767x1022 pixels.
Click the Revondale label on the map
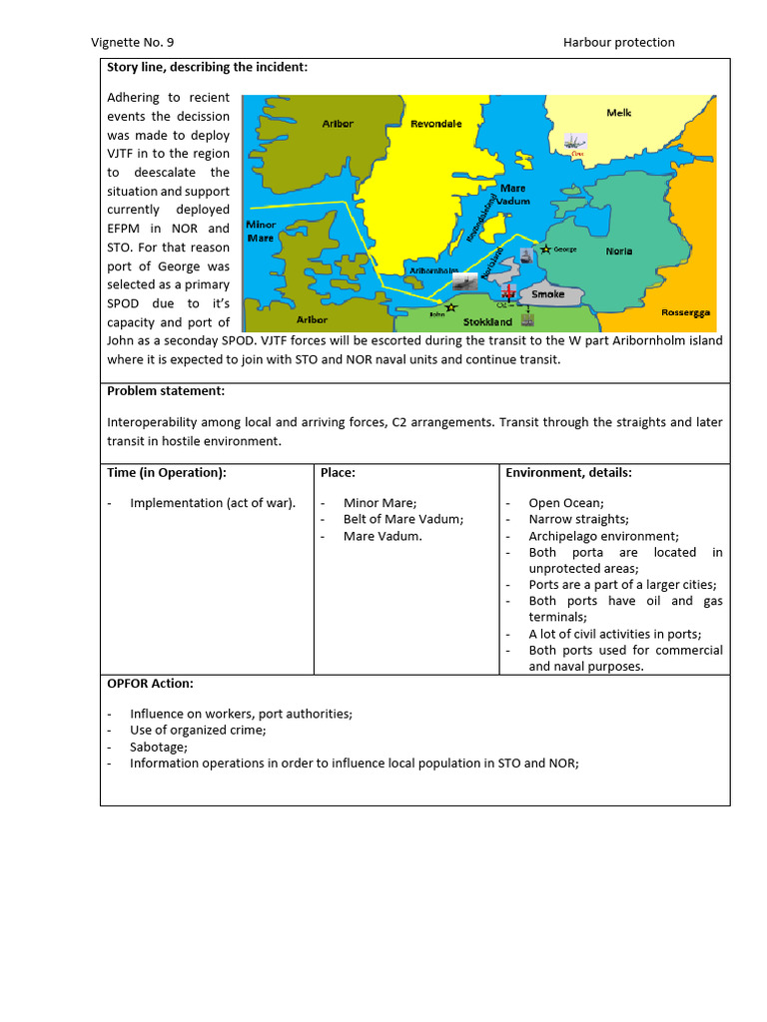[435, 124]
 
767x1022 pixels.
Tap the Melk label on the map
[619, 113]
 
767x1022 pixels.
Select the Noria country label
[619, 252]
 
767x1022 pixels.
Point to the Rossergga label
[685, 312]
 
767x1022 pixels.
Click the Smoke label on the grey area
[547, 294]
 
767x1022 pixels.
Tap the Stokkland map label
[488, 322]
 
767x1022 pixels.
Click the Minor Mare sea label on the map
[261, 232]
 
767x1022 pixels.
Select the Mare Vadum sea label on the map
[513, 195]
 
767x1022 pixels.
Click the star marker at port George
[545, 249]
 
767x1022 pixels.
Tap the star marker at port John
[451, 307]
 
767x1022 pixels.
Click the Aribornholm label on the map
[433, 270]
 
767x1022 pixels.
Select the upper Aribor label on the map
[338, 124]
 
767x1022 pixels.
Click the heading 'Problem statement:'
[166, 390]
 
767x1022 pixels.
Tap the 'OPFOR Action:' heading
[150, 684]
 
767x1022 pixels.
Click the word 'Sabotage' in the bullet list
[158, 747]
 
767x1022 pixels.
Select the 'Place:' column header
[338, 472]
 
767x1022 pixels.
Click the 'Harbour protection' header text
[618, 42]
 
